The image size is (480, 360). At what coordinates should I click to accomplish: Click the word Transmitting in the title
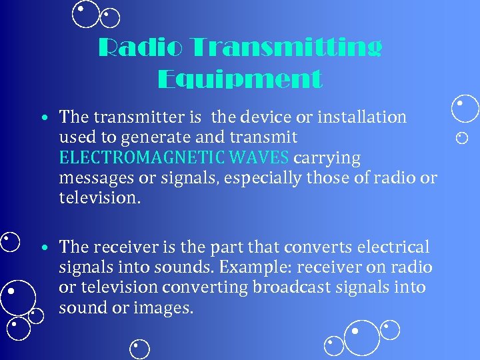287,48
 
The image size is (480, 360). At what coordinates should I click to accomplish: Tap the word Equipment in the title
240,79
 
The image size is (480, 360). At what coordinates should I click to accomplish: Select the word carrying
327,159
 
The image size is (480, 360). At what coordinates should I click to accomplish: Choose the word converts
317,247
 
